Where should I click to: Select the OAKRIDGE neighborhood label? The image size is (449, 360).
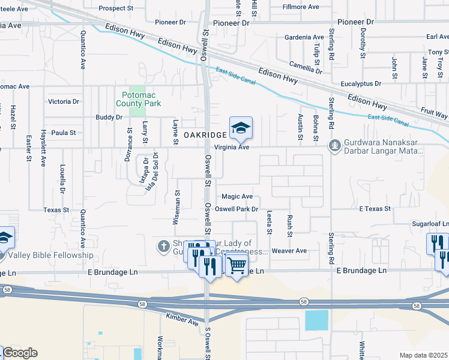pyautogui.click(x=205, y=135)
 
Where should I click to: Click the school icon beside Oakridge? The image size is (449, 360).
pyautogui.click(x=241, y=127)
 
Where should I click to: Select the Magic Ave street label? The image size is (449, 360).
pyautogui.click(x=237, y=197)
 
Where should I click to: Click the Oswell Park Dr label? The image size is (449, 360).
pyautogui.click(x=237, y=209)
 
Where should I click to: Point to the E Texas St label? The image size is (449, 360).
pyautogui.click(x=375, y=209)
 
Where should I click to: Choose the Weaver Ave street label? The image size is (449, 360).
pyautogui.click(x=289, y=251)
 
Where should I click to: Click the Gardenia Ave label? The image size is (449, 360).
pyautogui.click(x=304, y=37)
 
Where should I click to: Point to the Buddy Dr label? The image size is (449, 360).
pyautogui.click(x=109, y=118)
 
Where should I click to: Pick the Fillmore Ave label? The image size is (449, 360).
pyautogui.click(x=301, y=7)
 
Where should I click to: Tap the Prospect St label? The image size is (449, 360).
pyautogui.click(x=116, y=8)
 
